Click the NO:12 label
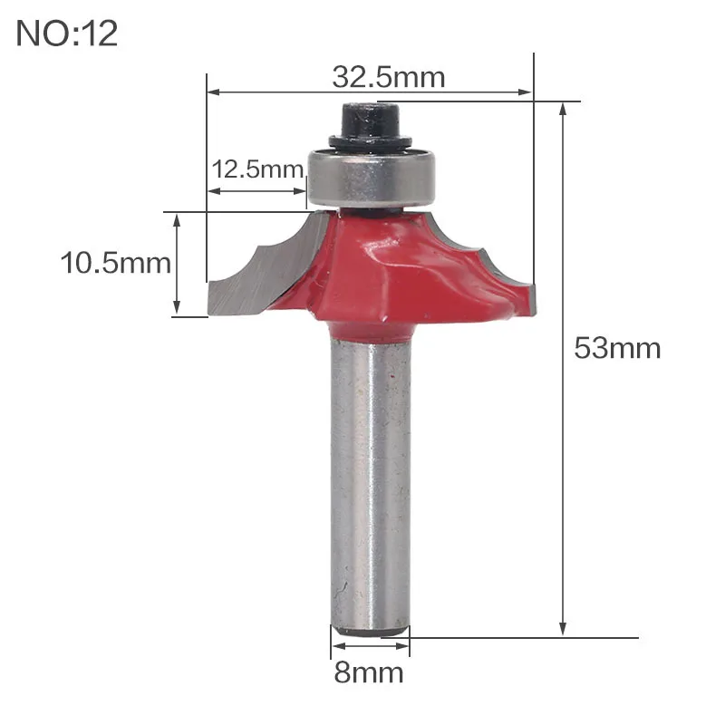point(66,34)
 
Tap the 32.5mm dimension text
point(389,77)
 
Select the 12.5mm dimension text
point(257,169)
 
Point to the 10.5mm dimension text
point(116,263)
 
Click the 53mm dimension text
point(617,348)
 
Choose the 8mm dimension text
point(369,672)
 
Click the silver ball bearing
point(372,178)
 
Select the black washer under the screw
point(371,141)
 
